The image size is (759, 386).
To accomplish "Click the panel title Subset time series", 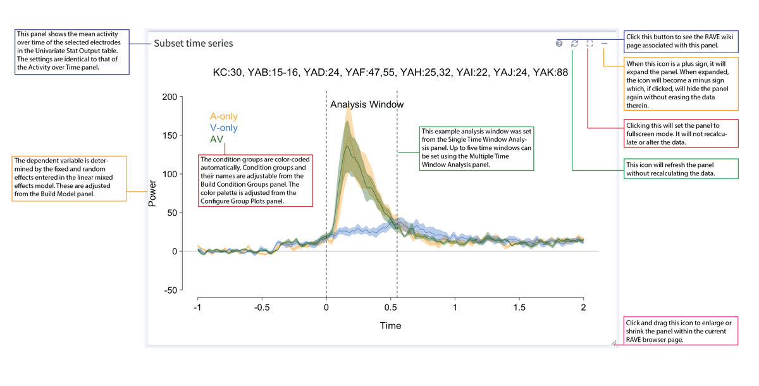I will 194,44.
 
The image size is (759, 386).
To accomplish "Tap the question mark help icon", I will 559,44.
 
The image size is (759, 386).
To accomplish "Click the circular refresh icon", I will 574,44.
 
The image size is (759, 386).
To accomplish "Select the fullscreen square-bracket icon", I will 589,44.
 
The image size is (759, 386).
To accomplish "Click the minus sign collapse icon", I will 605,44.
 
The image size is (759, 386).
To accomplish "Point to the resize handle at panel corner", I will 613,342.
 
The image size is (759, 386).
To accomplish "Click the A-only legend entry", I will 224,116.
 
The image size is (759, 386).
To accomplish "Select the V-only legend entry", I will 224,128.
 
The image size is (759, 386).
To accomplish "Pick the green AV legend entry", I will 216,139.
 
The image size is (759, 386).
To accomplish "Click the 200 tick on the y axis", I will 169,97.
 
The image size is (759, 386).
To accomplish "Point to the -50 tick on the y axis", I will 169,290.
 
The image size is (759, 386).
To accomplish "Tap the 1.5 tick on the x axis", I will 519,307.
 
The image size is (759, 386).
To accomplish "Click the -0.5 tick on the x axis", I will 262,307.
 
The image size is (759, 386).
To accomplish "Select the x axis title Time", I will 390,326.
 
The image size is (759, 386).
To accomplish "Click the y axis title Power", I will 152,194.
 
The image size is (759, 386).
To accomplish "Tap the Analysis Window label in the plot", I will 367,104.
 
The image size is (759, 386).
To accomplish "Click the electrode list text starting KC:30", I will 390,73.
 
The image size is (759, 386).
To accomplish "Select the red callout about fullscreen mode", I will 681,134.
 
